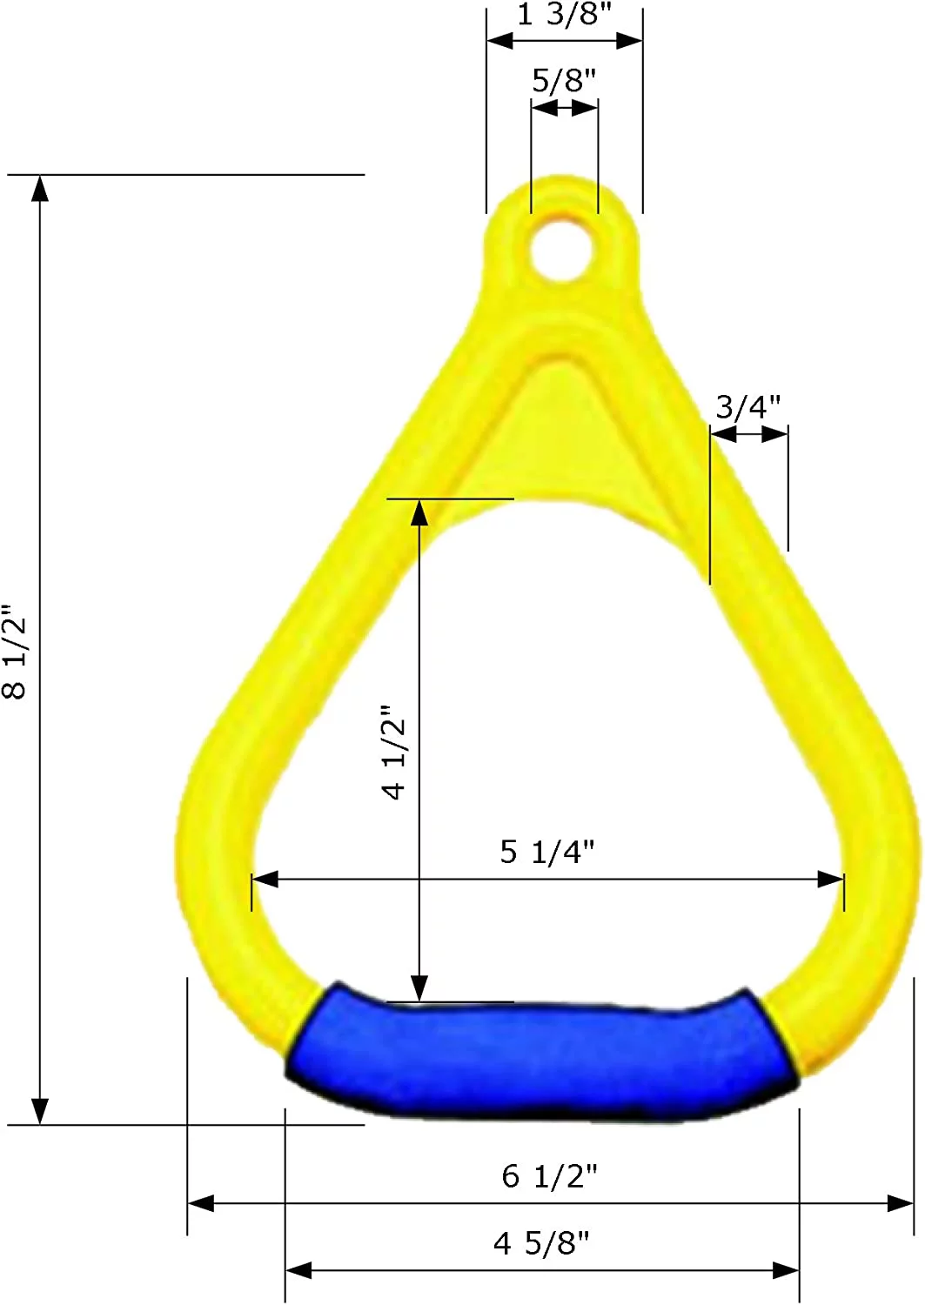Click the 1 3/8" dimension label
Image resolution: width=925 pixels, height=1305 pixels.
click(x=564, y=14)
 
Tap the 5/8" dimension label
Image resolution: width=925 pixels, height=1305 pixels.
click(x=564, y=80)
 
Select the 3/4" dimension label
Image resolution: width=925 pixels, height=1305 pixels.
click(x=747, y=406)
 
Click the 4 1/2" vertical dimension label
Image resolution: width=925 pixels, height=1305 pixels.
click(x=394, y=753)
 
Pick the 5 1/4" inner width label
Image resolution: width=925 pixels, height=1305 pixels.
click(x=546, y=852)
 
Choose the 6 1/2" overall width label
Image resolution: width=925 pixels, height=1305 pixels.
click(x=549, y=1176)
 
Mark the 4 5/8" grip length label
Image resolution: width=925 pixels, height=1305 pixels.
click(x=541, y=1243)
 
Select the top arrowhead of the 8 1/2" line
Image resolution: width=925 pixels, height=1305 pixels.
click(x=40, y=188)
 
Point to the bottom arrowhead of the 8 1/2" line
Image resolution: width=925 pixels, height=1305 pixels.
click(x=40, y=1111)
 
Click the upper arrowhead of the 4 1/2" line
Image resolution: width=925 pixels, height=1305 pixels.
click(x=419, y=513)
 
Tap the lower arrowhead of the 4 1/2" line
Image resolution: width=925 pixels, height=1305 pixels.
click(x=419, y=988)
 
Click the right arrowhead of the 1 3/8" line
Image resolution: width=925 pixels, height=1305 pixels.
click(x=629, y=40)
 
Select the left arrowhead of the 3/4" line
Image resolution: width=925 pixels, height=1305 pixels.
click(x=723, y=434)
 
